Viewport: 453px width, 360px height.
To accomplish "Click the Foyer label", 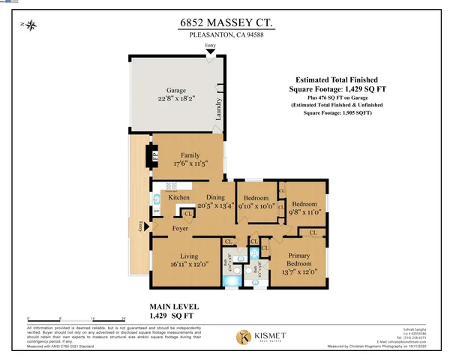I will pos(180,227).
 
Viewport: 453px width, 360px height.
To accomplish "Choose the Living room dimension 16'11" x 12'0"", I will pos(184,264).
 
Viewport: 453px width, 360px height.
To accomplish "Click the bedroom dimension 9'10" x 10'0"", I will pos(257,206).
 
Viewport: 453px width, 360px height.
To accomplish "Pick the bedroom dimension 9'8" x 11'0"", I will pos(305,212).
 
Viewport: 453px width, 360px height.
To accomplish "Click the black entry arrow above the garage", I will pos(211,52).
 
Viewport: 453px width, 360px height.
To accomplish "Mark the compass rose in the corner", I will pos(31,27).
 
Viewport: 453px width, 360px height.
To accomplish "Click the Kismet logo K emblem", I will pos(244,337).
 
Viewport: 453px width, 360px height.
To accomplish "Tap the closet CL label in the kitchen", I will pos(186,213).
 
